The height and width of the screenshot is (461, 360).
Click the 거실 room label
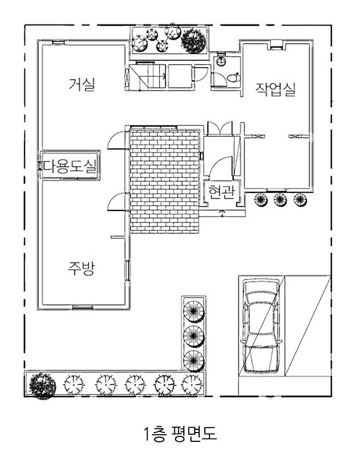pos(82,84)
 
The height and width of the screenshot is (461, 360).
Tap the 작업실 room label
pos(275,89)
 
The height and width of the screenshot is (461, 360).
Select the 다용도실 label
pos(70,166)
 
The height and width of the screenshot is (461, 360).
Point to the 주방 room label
pos(81,268)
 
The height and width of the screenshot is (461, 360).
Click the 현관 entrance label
pos(222,192)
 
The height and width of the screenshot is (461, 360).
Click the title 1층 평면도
pos(180,434)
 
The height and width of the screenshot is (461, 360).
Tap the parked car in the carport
pos(261,326)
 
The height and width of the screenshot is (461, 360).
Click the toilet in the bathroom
pos(234,78)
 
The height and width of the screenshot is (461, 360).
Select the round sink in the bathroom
pos(220,61)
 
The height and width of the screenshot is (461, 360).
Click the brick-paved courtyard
pos(165,180)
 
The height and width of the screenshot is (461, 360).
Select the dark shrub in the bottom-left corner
pos(42,386)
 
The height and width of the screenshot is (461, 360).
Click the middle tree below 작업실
pos(280,200)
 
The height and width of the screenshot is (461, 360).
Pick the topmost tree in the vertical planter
pos(194,311)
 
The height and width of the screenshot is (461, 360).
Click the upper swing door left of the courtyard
pos(118,140)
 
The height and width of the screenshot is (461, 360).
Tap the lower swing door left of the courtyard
pos(118,202)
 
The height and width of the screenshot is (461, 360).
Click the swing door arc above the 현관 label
pos(221,167)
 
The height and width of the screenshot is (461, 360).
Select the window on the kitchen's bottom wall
pos(83,307)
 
